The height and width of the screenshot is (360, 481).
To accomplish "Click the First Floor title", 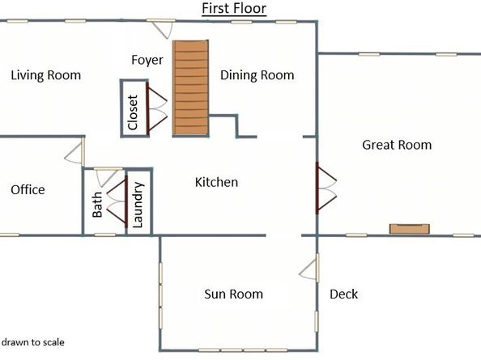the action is click(x=234, y=8).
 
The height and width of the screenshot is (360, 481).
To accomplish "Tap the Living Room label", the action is click(x=45, y=75).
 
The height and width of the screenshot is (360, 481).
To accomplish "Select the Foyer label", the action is click(x=147, y=60).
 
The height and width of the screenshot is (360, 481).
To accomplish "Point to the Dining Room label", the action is click(x=257, y=75).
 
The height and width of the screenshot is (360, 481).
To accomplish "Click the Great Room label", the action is click(x=397, y=145).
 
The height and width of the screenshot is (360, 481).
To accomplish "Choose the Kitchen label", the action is click(x=216, y=182).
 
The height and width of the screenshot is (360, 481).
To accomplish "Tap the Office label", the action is click(x=28, y=190).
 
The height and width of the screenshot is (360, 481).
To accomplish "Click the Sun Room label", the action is click(x=233, y=294).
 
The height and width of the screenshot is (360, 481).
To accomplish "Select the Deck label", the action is click(x=343, y=294).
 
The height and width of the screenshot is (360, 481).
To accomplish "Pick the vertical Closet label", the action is click(x=133, y=112).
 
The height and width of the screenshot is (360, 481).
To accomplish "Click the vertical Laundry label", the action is click(x=138, y=205).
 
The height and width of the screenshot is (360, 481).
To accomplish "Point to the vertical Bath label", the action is click(x=97, y=205).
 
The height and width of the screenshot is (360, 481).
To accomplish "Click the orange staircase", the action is click(x=191, y=88).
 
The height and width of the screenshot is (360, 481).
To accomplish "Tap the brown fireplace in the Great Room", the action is click(x=409, y=229).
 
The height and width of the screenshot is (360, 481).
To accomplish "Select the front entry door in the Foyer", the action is click(x=161, y=28).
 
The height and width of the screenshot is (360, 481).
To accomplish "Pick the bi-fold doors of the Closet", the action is click(x=156, y=108).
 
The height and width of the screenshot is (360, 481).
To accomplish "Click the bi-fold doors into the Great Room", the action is click(x=326, y=188).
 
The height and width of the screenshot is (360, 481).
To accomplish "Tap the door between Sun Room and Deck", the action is click(x=309, y=267).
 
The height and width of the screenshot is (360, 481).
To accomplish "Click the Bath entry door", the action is click(x=106, y=177).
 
